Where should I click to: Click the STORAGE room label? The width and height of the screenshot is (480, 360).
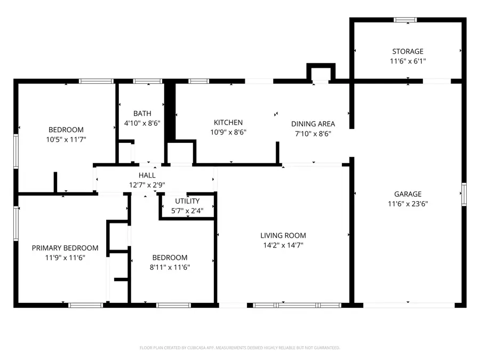click(x=407, y=52)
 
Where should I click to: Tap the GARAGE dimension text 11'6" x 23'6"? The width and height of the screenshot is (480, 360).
click(x=407, y=204)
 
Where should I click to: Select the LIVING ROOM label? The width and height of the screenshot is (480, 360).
click(x=283, y=235)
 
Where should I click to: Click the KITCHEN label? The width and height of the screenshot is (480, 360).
click(x=228, y=122)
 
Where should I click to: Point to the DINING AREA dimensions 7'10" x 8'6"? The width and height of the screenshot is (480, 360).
click(x=312, y=133)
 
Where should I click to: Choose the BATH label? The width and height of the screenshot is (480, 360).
click(x=142, y=113)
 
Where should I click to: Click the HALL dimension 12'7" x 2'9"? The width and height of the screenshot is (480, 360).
click(x=147, y=185)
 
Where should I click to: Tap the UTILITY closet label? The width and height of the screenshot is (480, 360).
click(x=187, y=201)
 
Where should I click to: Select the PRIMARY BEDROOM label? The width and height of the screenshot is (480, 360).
click(x=65, y=248)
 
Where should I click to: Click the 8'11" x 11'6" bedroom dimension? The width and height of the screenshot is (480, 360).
click(x=170, y=267)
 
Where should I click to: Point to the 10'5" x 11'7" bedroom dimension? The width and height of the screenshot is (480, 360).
click(x=66, y=139)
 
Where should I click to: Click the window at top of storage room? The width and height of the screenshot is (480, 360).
click(x=405, y=20)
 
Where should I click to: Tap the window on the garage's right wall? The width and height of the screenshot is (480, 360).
click(x=464, y=194)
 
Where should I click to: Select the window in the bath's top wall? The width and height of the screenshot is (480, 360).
click(x=148, y=81)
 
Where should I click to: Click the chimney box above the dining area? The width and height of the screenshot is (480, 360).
click(x=321, y=73)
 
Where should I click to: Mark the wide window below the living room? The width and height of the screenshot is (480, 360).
click(x=297, y=305)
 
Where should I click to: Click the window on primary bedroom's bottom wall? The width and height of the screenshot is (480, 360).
click(x=86, y=305)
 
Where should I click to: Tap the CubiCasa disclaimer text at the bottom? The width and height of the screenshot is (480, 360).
click(x=239, y=348)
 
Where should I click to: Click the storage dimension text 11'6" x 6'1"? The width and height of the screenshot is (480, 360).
click(x=407, y=61)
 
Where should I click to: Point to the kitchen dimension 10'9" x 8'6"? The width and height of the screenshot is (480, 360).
click(x=228, y=132)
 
